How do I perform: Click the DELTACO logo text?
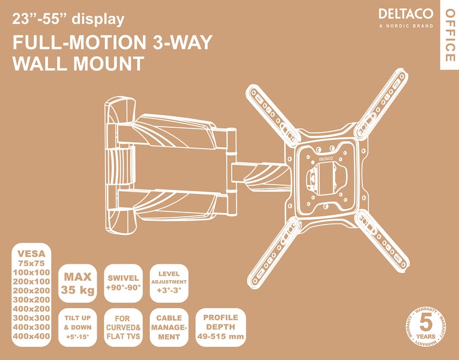405,14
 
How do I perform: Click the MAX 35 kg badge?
77,282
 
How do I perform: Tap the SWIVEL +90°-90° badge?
123,282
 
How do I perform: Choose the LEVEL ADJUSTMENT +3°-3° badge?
169,282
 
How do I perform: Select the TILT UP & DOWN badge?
77,327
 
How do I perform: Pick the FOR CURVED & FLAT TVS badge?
123,327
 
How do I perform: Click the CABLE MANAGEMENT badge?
169,327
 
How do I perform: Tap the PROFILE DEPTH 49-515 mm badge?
220,327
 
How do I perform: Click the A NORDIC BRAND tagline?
405,26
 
